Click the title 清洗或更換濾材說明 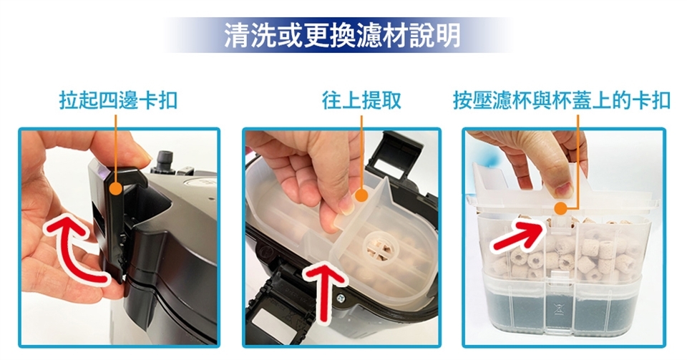[x=342, y=35]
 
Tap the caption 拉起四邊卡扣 [x=118, y=100]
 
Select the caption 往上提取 [x=361, y=100]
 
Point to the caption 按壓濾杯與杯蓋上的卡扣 [x=562, y=100]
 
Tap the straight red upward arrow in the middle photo [x=325, y=293]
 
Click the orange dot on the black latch [x=115, y=189]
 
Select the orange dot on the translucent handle [x=361, y=195]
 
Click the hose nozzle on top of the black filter [x=165, y=161]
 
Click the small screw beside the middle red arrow [x=341, y=298]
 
